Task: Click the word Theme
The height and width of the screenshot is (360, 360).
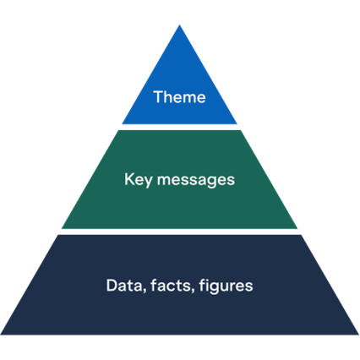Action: coord(179,96)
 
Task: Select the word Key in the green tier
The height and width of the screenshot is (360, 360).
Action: coord(136,179)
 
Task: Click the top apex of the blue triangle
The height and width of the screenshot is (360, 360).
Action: coord(179,24)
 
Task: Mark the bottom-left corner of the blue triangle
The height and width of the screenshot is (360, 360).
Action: coord(122,124)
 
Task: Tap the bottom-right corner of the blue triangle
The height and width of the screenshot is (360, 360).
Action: coord(237,124)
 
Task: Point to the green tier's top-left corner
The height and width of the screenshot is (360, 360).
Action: coord(117,130)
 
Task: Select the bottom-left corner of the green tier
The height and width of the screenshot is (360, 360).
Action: coord(61,230)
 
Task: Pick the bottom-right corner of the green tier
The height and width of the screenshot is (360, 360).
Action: coord(298,230)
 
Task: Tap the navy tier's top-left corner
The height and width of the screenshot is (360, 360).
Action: coord(57,236)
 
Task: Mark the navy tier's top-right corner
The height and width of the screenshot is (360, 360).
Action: coord(302,236)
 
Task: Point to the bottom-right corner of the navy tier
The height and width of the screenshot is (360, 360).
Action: coord(358,335)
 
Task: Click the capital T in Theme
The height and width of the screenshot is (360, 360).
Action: coord(157,96)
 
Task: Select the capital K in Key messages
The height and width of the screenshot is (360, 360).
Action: coord(128,179)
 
